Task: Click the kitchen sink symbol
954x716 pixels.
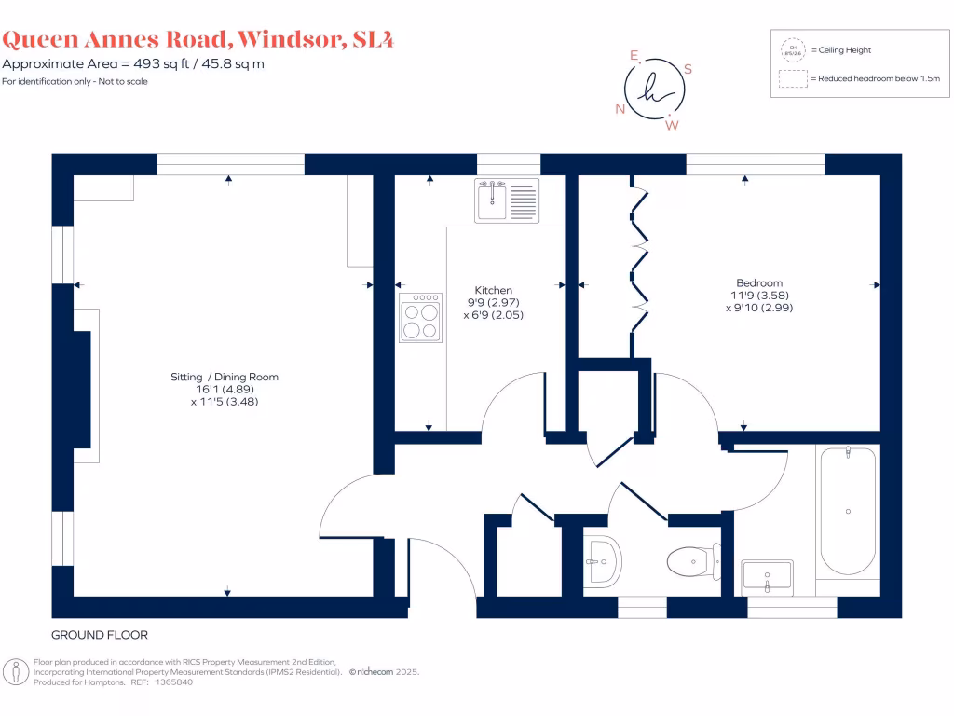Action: [x=507, y=200]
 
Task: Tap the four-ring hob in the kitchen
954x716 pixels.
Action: [x=420, y=318]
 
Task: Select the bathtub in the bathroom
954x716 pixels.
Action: [x=848, y=511]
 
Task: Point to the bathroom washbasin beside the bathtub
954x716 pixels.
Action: [x=768, y=576]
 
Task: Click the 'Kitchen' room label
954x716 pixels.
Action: [x=493, y=290]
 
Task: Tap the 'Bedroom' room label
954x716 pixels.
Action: [x=759, y=282]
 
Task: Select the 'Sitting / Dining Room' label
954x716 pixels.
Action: [x=225, y=377]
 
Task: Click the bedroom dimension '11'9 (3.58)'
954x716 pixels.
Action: [x=759, y=296]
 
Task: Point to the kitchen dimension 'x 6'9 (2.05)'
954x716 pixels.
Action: [x=494, y=315]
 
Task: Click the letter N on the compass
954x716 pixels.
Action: [x=620, y=109]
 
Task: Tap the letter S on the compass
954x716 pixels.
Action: [x=688, y=69]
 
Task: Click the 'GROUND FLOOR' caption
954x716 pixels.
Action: [x=100, y=635]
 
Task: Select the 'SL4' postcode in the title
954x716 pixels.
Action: [x=372, y=39]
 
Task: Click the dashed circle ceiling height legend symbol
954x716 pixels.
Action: [x=793, y=49]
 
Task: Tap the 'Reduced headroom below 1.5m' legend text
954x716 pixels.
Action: [x=876, y=79]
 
